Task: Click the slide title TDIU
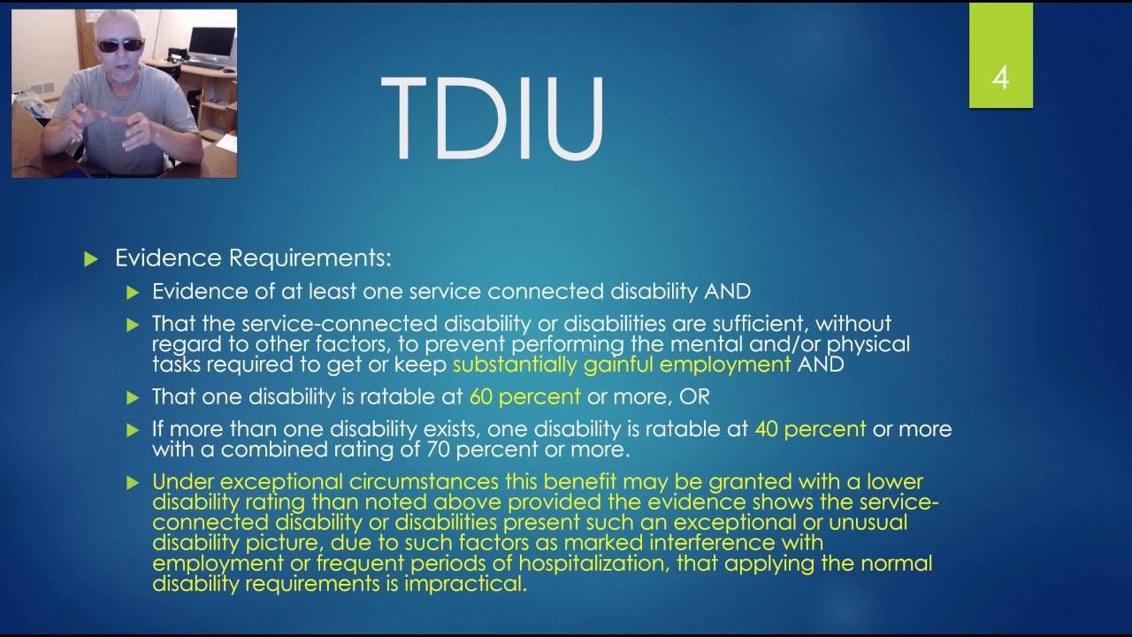[493, 119]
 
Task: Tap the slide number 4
[1000, 79]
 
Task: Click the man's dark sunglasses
[121, 45]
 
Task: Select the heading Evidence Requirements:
[253, 257]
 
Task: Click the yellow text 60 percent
[525, 397]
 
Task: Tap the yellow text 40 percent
[810, 429]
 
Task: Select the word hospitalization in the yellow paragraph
[593, 564]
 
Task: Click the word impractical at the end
[465, 584]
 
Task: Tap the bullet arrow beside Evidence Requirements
[91, 259]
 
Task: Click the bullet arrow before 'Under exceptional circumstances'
[133, 483]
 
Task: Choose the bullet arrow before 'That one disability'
[133, 398]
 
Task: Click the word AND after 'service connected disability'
[728, 292]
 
